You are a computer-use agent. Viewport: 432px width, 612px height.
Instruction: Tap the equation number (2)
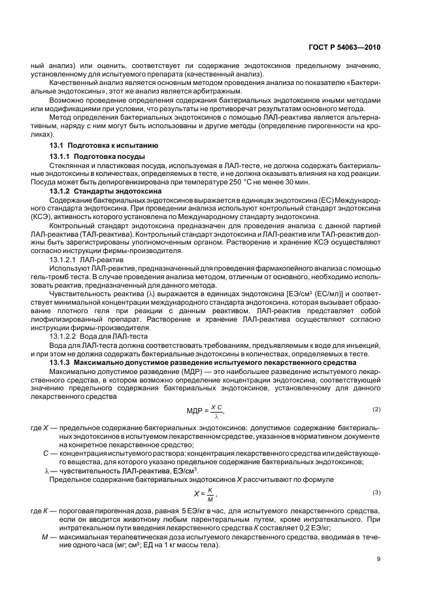(376, 409)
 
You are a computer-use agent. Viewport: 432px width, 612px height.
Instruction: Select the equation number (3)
(376, 492)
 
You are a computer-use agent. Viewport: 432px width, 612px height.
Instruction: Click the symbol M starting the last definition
(45, 535)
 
